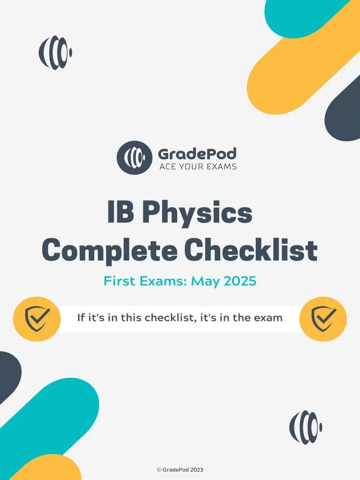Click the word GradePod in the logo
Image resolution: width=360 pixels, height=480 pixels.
coord(197,154)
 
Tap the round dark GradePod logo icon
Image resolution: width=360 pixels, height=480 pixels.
coord(135,157)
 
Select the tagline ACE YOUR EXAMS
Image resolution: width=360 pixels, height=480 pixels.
coord(197,166)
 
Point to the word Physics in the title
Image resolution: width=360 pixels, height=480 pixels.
coord(197,213)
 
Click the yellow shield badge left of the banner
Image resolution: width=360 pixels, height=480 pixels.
coord(37,319)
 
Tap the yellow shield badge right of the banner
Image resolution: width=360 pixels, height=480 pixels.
coord(323,319)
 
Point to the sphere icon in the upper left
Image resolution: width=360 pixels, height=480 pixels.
coord(55,52)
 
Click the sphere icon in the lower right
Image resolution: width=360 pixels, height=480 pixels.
coord(306,427)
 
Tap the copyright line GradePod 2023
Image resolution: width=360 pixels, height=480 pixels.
coord(180,470)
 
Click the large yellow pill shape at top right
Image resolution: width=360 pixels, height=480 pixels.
coord(300,61)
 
